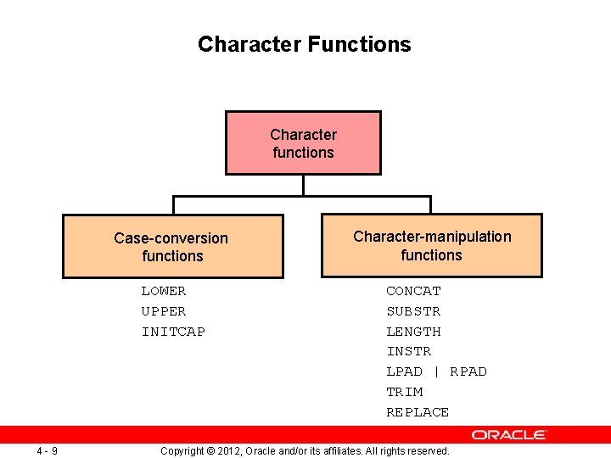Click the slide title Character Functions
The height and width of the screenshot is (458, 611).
(304, 44)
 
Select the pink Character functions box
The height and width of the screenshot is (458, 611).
(303, 143)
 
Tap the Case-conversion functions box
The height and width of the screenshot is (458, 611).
(172, 247)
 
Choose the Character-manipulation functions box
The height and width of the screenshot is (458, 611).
(431, 246)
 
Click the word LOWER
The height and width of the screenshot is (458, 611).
(163, 291)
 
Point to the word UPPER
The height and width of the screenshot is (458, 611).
(163, 311)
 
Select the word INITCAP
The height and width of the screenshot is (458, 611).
(173, 332)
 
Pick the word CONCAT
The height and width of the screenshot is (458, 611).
(413, 291)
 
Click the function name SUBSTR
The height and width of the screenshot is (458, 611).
(413, 311)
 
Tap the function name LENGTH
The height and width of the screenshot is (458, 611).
(413, 332)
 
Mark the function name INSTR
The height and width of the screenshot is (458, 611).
(408, 351)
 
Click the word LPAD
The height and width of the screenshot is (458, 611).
(404, 371)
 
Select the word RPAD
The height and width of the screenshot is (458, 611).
(468, 371)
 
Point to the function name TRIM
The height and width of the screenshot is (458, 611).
(404, 392)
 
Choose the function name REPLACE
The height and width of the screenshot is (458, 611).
(418, 412)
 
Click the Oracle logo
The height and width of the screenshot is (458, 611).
(509, 435)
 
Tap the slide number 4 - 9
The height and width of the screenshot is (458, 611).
(47, 450)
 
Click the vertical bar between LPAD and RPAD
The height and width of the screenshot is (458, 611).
(436, 371)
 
